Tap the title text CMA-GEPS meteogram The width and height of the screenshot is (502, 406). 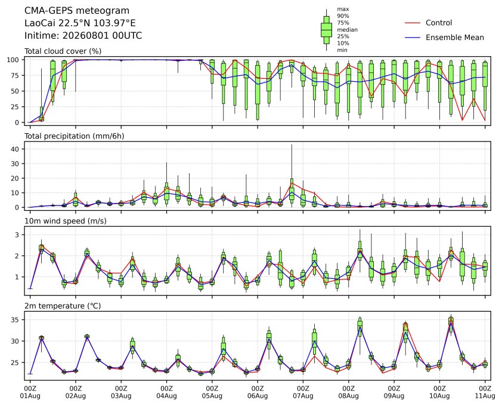point(77,11)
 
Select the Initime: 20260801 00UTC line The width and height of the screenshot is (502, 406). point(83,35)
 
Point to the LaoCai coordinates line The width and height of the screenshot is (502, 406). point(80,23)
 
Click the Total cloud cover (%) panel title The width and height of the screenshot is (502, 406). point(63,51)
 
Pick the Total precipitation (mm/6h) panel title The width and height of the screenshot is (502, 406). point(75,136)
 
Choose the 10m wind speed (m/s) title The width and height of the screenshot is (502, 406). point(66,221)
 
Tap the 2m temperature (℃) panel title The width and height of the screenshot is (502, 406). point(63,306)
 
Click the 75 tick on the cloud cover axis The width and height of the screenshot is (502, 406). point(15,75)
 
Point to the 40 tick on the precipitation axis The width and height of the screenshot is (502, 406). point(15,149)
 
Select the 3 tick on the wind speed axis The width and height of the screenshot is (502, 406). point(17,235)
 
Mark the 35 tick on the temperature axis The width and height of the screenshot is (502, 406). point(15,320)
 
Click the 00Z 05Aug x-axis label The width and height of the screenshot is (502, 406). point(212,392)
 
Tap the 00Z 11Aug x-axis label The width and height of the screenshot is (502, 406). point(485,392)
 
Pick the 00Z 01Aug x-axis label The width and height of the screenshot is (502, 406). point(30,392)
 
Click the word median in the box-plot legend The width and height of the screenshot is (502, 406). point(347,30)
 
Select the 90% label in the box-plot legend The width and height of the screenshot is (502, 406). point(343,16)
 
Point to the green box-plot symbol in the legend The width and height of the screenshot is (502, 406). point(326,30)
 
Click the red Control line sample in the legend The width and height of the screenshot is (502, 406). point(413,23)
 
